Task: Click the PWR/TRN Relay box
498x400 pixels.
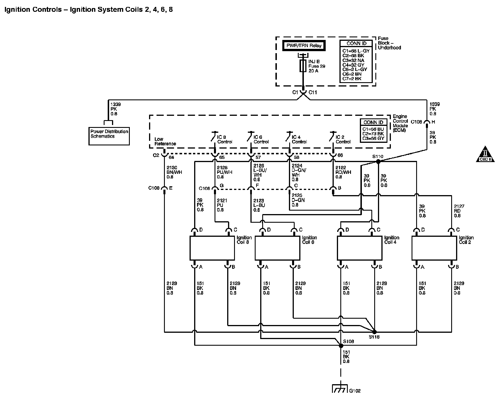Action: pyautogui.click(x=304, y=46)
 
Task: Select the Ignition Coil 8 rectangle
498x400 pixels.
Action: pyautogui.click(x=212, y=248)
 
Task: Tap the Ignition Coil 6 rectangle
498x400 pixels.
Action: pyautogui.click(x=278, y=248)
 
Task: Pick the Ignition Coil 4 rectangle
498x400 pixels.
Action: pyautogui.click(x=360, y=248)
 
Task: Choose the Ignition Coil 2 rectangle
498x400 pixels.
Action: pyautogui.click(x=434, y=248)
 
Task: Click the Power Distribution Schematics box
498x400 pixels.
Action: pyautogui.click(x=109, y=136)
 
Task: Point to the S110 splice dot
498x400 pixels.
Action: pyautogui.click(x=378, y=162)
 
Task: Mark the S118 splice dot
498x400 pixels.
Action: pyautogui.click(x=374, y=332)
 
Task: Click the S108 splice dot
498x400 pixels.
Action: pyautogui.click(x=341, y=346)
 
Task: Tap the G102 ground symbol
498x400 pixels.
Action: pyautogui.click(x=340, y=389)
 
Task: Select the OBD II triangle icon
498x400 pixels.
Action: pyautogui.click(x=485, y=154)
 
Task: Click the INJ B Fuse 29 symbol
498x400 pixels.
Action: pyautogui.click(x=302, y=66)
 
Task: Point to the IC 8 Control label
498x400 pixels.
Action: pyautogui.click(x=225, y=139)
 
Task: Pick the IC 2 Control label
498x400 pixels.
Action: pyautogui.click(x=343, y=139)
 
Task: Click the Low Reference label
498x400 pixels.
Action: pyautogui.click(x=165, y=141)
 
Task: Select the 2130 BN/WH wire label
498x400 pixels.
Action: pyautogui.click(x=174, y=172)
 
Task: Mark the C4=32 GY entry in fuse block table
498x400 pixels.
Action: pyautogui.click(x=353, y=65)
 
